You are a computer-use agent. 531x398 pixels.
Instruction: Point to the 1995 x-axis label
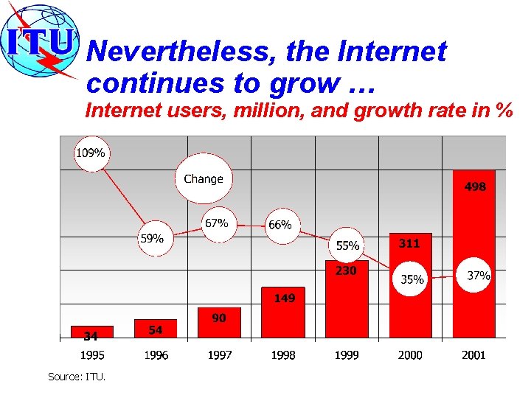(x=92, y=355)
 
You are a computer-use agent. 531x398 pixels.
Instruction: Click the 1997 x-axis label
(x=219, y=355)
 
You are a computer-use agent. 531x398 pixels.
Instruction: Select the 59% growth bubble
(x=152, y=239)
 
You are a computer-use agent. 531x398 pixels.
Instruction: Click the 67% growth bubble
(x=216, y=223)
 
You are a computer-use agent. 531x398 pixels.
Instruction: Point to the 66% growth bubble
(x=280, y=225)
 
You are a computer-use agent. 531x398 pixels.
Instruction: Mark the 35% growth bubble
(x=412, y=279)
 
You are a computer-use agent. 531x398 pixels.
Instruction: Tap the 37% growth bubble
(x=479, y=276)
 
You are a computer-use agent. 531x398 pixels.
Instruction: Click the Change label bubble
(x=203, y=179)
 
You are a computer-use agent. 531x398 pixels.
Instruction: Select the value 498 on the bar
(x=474, y=187)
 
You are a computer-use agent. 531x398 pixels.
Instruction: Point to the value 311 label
(x=409, y=243)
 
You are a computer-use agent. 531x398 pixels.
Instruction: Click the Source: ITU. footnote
(x=77, y=377)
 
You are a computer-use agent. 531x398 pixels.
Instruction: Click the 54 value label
(x=156, y=330)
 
